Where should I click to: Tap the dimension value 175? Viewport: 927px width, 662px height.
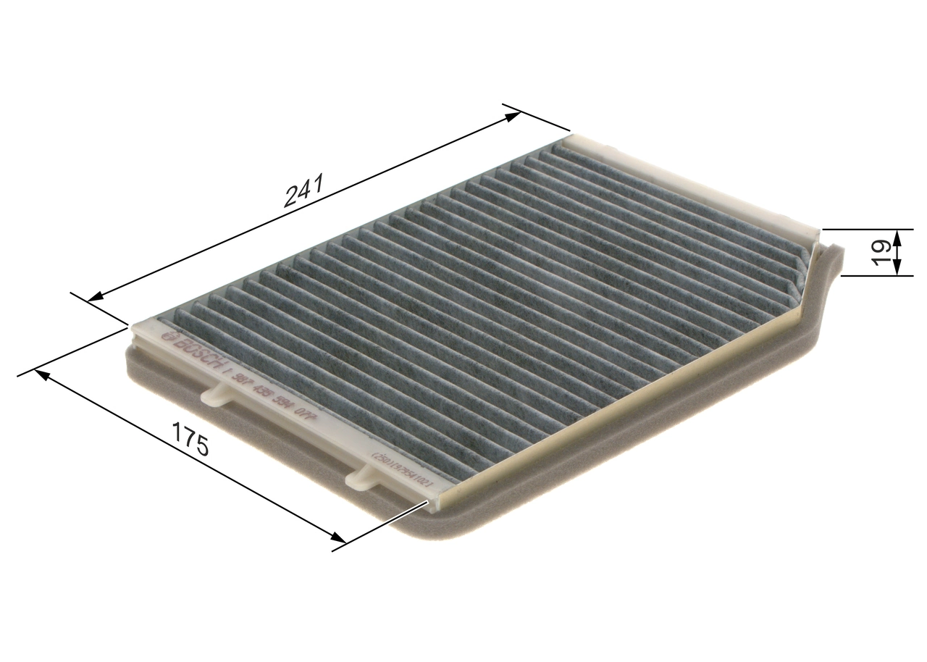tap(190, 437)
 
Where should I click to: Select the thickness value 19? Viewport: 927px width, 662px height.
tap(881, 253)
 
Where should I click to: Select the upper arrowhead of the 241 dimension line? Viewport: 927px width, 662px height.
tap(512, 113)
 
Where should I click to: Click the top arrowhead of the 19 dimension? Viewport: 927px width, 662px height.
tap(897, 236)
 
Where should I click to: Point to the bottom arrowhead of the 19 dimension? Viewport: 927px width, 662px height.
tap(897, 269)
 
